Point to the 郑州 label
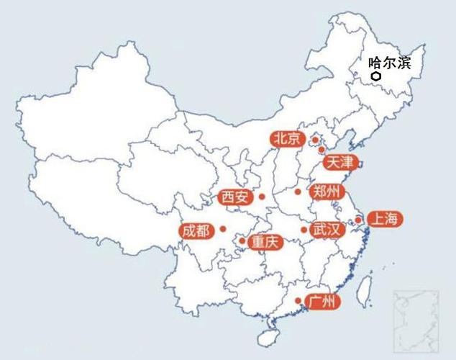tap(327, 192)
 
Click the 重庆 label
tap(263, 243)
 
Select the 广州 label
tap(321, 302)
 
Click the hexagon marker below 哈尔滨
tap(375, 76)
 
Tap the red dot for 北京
tap(315, 140)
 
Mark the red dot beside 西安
tap(263, 197)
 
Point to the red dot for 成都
tap(223, 229)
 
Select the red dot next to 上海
tap(358, 220)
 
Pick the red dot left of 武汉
tap(304, 230)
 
